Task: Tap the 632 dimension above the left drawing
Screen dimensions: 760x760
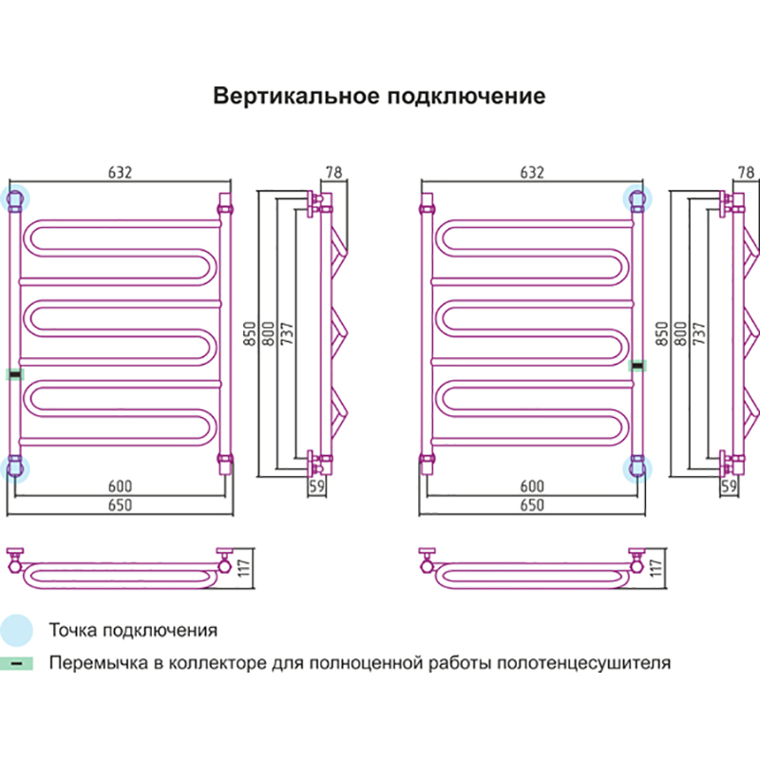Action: (120, 173)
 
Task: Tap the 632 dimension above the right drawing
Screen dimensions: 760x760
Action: (532, 173)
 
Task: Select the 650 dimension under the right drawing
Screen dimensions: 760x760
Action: (532, 505)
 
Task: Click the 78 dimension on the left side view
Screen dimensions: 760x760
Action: (333, 173)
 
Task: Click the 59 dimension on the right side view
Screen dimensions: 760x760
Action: (730, 486)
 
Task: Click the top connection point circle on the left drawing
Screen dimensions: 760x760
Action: (15, 199)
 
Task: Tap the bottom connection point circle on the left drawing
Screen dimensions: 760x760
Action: (15, 466)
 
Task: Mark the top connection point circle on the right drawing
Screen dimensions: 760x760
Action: (637, 199)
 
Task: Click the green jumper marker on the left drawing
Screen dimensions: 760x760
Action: (14, 373)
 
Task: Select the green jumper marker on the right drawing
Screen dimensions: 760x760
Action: (638, 364)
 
